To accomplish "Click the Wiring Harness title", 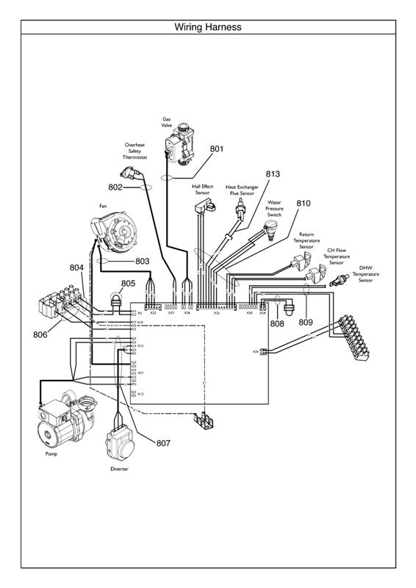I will (x=208, y=27).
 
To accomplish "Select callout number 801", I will (x=216, y=148).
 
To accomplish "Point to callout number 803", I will (x=142, y=261).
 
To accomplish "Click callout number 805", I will (x=128, y=283).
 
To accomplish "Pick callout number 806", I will (x=40, y=334).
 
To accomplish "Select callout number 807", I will (x=163, y=443).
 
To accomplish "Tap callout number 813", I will (x=273, y=174).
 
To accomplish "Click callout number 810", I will (x=304, y=203).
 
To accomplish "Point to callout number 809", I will (x=306, y=323).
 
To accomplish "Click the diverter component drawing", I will (x=119, y=443).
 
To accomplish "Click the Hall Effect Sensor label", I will (x=202, y=190).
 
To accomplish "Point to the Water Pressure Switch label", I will (x=273, y=208).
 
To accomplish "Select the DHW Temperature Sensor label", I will (x=365, y=274).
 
